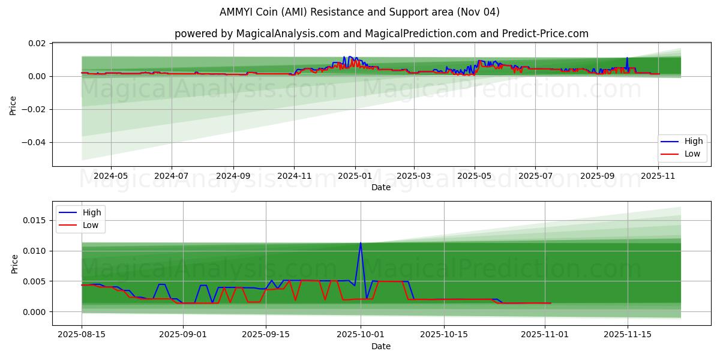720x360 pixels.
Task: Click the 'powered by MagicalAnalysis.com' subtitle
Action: [x=381, y=34]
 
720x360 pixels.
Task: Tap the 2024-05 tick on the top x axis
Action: [x=110, y=176]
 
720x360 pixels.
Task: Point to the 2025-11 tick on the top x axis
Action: [x=659, y=176]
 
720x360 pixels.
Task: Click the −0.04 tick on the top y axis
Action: [x=35, y=142]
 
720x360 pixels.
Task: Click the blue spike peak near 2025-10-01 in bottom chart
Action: [x=360, y=242]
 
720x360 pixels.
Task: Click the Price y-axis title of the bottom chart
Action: [x=15, y=263]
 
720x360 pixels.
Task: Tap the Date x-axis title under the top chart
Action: [x=381, y=188]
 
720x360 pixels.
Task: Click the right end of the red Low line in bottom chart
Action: [x=550, y=303]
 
